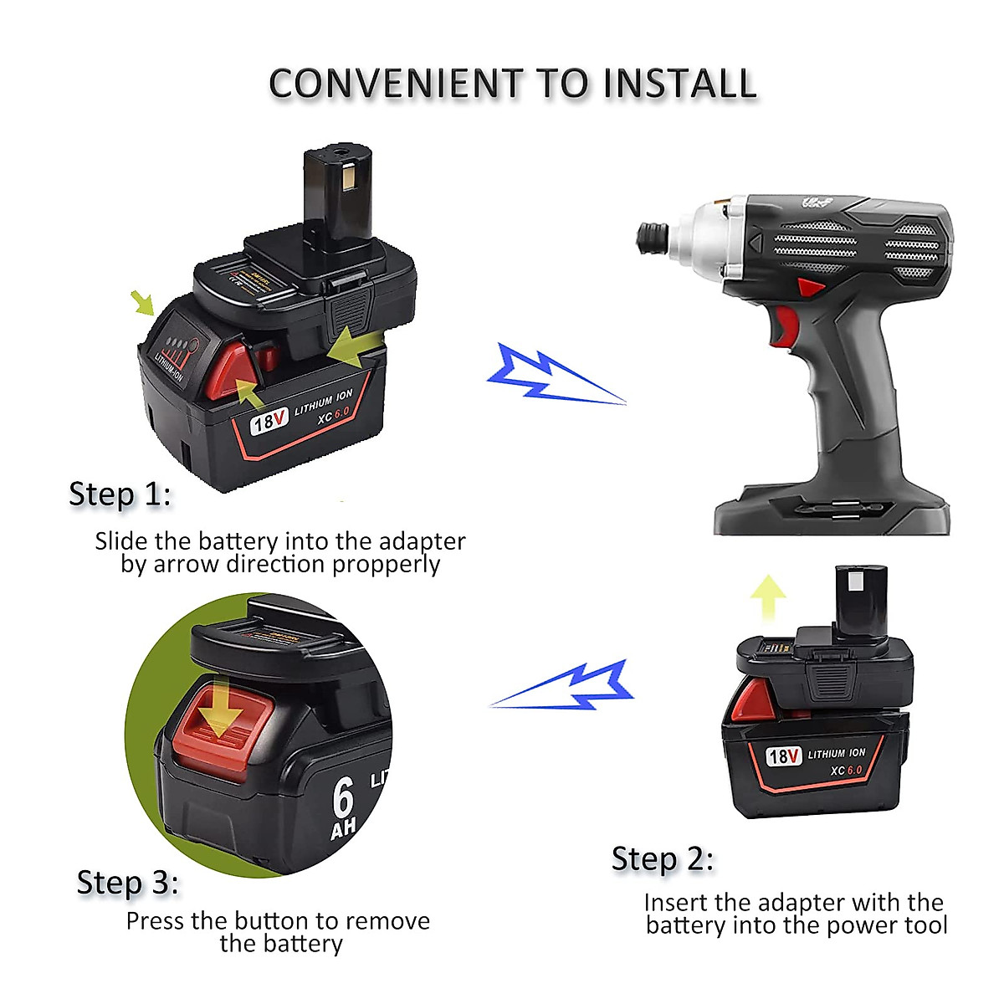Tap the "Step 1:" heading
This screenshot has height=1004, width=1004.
pyautogui.click(x=120, y=494)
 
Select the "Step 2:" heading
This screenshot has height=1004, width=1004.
pyautogui.click(x=663, y=859)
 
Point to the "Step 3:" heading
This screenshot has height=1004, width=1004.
pyautogui.click(x=128, y=883)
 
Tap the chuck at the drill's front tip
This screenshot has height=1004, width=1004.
pyautogui.click(x=653, y=237)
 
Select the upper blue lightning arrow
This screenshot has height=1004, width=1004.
pyautogui.click(x=552, y=375)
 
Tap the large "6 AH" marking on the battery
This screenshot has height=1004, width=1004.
pyautogui.click(x=343, y=807)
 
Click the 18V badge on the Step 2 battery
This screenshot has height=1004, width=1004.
pyautogui.click(x=783, y=756)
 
